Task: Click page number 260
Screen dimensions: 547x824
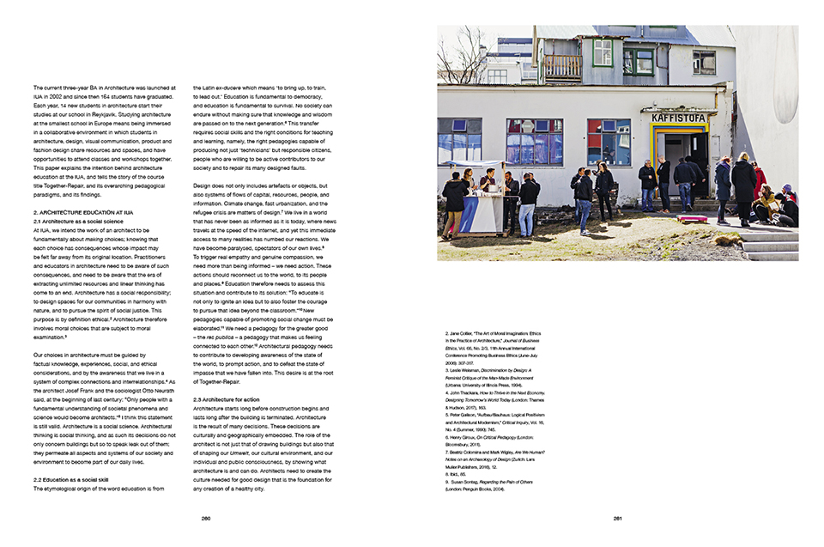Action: [x=206, y=518]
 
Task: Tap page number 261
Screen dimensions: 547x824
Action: [x=617, y=518]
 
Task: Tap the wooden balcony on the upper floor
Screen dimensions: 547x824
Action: [x=562, y=66]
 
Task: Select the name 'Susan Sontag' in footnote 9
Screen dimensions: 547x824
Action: [x=469, y=482]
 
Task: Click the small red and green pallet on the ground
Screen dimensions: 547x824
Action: [x=691, y=220]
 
